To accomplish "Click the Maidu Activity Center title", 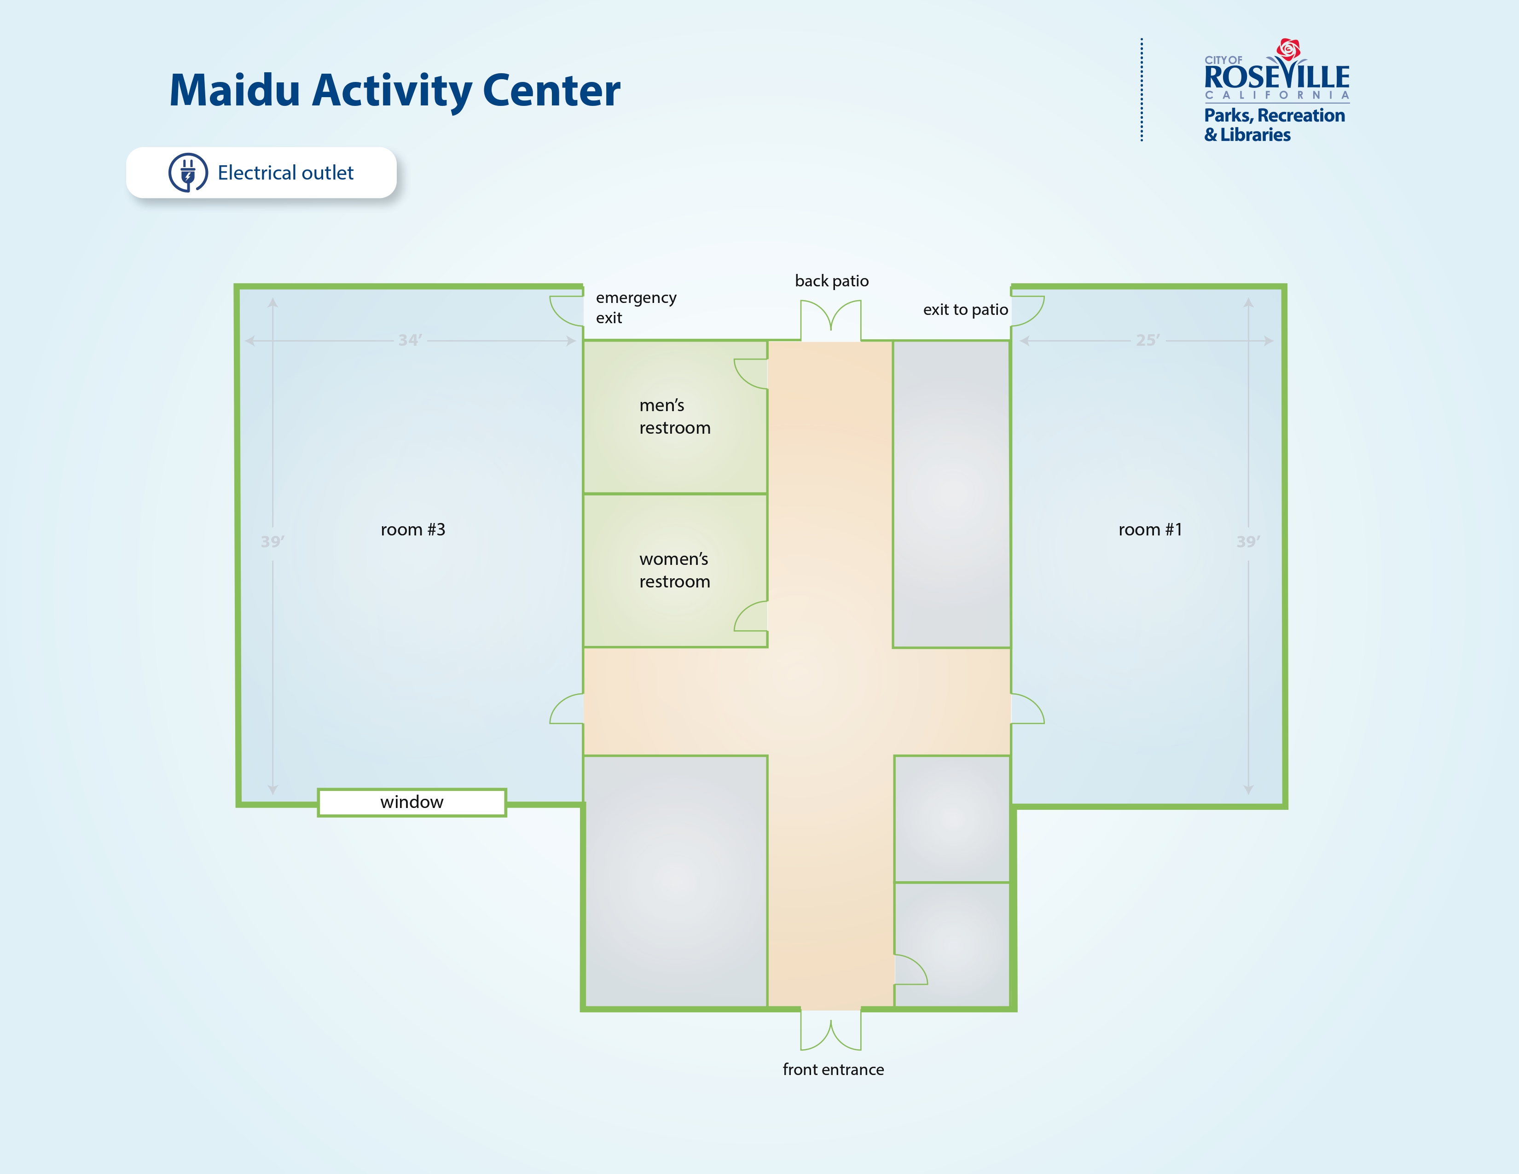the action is click(394, 91).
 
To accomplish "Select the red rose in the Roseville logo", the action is click(1288, 49).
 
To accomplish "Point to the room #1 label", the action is click(1150, 530).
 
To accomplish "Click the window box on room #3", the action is click(412, 802).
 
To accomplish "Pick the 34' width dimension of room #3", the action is click(410, 340).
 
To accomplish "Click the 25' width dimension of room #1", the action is click(1148, 340).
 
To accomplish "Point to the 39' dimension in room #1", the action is click(1248, 542).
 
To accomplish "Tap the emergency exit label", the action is click(636, 308).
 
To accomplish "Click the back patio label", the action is click(832, 281).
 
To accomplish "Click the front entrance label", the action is click(833, 1069).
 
